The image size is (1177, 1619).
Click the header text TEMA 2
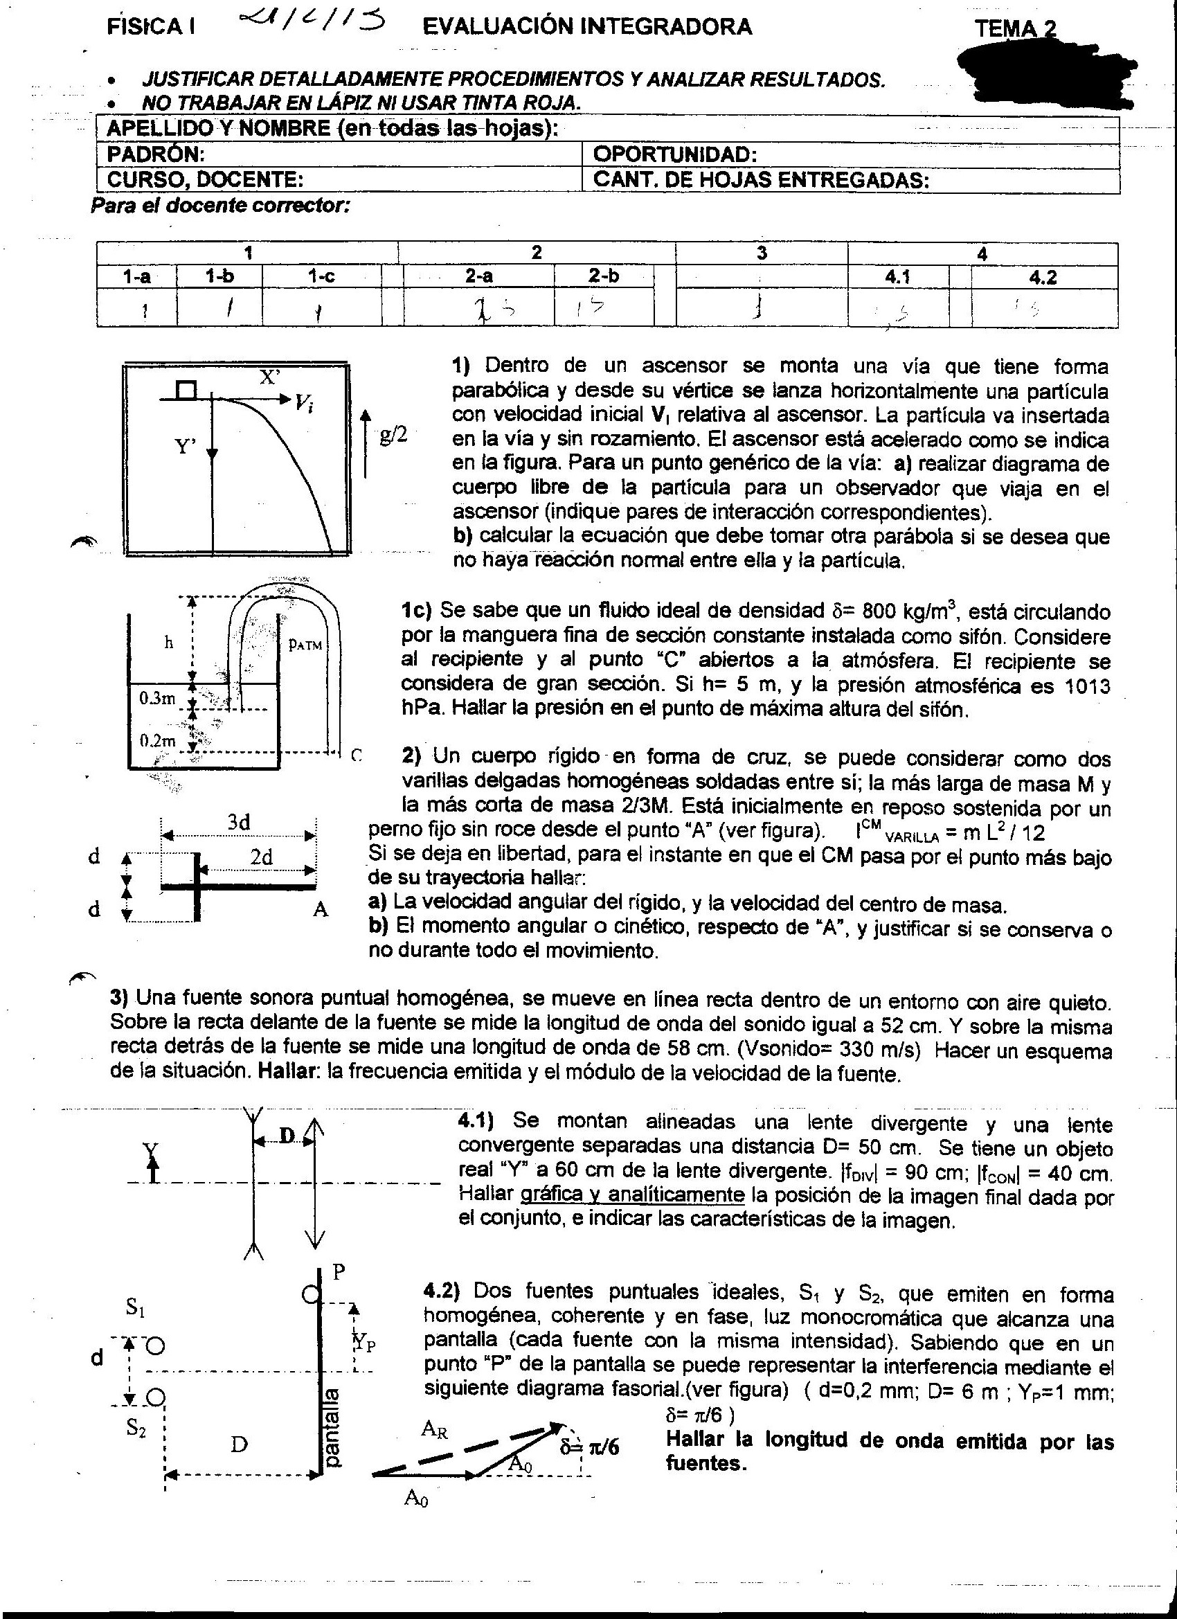(1014, 29)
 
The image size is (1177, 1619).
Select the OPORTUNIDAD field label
(674, 155)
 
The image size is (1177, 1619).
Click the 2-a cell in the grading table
(478, 276)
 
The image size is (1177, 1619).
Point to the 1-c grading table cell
(321, 276)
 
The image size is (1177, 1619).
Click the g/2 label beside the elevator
(393, 435)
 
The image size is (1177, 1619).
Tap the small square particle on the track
(186, 390)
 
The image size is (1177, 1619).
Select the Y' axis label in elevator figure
(185, 447)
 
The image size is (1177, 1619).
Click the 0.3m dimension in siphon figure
(157, 698)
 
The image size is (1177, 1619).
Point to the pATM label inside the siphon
(305, 644)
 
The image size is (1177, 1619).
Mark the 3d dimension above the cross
(238, 823)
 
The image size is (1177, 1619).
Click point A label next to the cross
(321, 909)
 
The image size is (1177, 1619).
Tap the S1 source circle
(156, 1346)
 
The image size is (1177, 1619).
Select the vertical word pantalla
(332, 1427)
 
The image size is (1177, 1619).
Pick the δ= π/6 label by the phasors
(590, 1447)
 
